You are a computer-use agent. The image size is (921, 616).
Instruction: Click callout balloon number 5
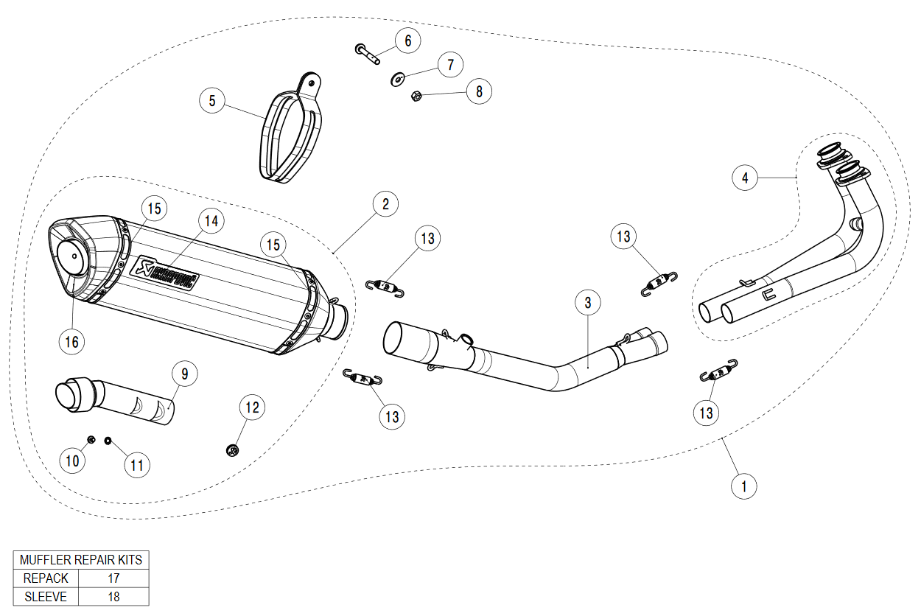pos(212,100)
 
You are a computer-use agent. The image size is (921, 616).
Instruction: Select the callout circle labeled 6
pos(407,40)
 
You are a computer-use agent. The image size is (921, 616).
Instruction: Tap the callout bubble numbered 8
pos(479,91)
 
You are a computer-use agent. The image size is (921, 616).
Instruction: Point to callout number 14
pos(211,220)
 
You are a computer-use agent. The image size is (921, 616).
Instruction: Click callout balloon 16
pos(71,341)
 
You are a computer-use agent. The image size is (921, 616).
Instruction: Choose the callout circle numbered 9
pos(185,374)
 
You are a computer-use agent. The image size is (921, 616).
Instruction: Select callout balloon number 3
pos(588,302)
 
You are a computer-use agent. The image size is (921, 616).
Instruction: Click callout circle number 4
pos(745,178)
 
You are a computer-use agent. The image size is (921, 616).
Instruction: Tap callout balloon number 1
pos(744,486)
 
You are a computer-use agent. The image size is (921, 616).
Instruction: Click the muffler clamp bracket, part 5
pos(291,129)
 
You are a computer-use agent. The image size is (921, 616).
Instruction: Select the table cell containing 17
pos(113,578)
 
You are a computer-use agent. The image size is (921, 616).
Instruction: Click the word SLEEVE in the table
pos(46,597)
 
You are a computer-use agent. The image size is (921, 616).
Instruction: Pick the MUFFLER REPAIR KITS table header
pos(81,560)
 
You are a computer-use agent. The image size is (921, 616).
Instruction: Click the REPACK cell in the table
pos(46,578)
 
